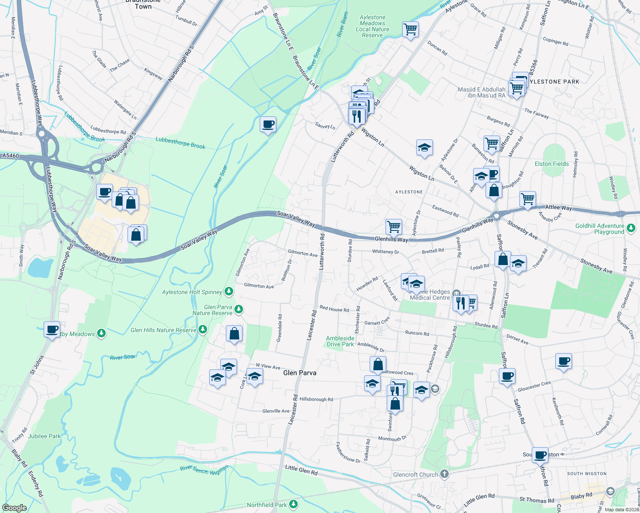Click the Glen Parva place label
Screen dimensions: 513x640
299,373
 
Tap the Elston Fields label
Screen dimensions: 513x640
551,164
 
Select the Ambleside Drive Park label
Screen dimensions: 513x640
340,341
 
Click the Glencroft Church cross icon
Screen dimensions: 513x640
444,474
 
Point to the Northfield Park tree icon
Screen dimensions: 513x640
293,504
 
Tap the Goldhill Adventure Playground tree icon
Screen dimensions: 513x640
631,228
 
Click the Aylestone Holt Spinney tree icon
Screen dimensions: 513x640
229,292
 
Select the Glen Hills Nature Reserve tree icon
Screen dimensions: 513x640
203,330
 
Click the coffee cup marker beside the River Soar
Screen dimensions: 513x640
268,124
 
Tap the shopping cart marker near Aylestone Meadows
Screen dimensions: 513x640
410,29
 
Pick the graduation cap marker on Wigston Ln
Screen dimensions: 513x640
424,147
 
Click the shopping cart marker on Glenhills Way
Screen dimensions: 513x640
393,226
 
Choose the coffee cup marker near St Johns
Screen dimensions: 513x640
52,330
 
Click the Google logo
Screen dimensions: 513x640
14,508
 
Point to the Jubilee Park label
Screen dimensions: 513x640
44,436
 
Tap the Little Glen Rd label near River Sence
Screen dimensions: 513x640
301,470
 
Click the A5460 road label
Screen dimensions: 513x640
10,156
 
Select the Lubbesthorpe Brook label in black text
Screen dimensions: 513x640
180,143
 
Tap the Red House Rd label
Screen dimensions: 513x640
334,309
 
